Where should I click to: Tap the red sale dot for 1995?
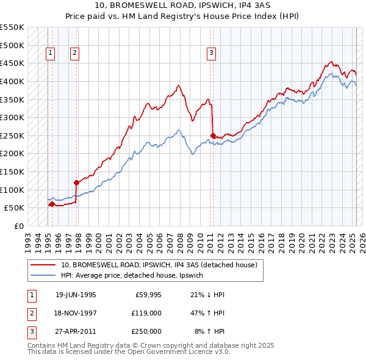(52, 204)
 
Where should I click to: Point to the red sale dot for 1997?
(76, 182)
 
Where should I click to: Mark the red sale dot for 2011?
(213, 135)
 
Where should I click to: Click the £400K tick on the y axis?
(12, 81)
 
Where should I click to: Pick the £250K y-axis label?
(12, 135)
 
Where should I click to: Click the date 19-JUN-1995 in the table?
(76, 295)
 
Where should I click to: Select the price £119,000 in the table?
(146, 313)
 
